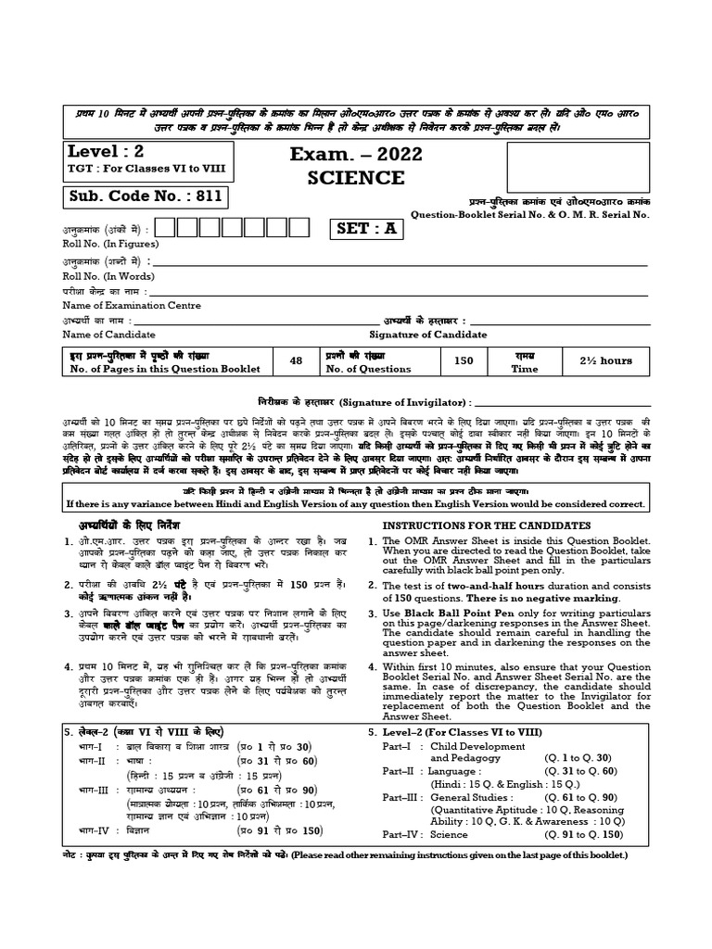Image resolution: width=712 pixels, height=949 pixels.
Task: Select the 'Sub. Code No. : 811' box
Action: tap(144, 196)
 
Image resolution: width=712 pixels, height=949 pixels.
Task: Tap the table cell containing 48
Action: tap(296, 361)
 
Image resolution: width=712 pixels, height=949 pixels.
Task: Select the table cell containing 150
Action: tap(464, 361)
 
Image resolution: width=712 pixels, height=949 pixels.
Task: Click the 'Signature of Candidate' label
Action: tap(427, 335)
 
